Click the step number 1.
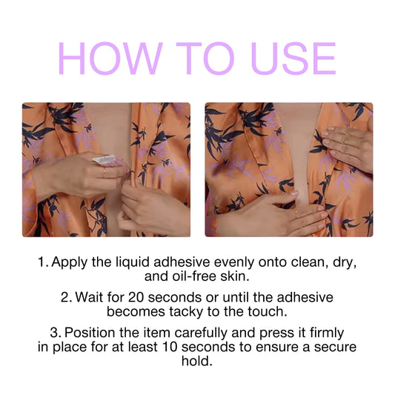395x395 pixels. point(42,262)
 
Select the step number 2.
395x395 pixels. point(65,297)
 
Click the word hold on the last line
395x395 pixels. point(197,362)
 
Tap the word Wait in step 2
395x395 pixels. point(89,297)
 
